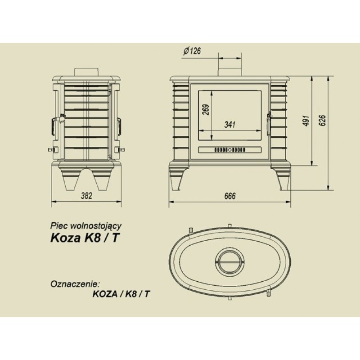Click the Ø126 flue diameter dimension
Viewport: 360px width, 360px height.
click(x=192, y=51)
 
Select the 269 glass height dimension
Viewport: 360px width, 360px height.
click(x=206, y=109)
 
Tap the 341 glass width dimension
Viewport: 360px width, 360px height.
click(x=229, y=125)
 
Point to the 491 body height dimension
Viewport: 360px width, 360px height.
click(x=307, y=121)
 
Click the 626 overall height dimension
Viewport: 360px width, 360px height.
click(x=322, y=120)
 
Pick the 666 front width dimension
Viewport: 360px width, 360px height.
click(x=230, y=196)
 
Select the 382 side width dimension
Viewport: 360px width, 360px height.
click(x=86, y=196)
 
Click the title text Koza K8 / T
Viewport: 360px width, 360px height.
click(x=85, y=238)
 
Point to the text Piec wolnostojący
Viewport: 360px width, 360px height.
click(x=85, y=226)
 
